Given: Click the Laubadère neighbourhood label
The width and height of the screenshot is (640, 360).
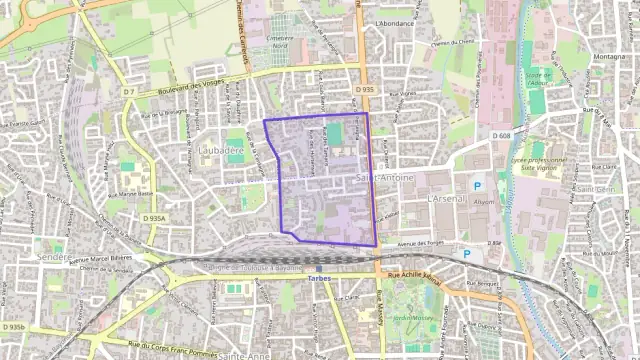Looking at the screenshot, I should [221, 150].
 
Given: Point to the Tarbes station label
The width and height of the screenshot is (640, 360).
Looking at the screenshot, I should [320, 278].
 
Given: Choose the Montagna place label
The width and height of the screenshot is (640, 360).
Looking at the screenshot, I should [611, 58].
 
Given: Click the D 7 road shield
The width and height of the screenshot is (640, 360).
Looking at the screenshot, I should [129, 92].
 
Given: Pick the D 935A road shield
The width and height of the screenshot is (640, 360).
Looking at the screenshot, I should [154, 217].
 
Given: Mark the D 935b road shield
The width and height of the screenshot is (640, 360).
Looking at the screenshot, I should [13, 326].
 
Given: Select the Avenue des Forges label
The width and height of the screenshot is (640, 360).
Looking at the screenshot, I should [420, 243].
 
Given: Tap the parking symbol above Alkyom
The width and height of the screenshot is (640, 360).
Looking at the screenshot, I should [477, 186].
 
